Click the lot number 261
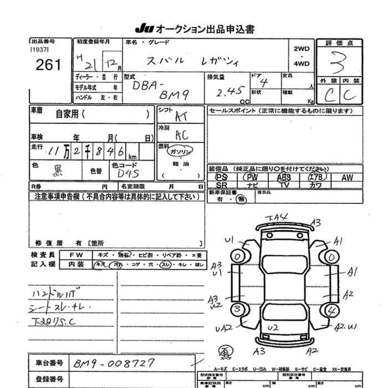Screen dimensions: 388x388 (x=48, y=64)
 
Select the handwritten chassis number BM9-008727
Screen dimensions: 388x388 (x=114, y=363)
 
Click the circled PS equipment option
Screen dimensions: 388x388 (x=221, y=177)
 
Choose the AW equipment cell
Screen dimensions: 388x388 (x=347, y=177)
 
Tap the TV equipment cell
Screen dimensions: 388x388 (x=284, y=185)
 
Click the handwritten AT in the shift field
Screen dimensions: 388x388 (x=181, y=116)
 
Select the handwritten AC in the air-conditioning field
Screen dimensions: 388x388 (x=181, y=135)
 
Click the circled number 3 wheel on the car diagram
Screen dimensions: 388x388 (x=238, y=309)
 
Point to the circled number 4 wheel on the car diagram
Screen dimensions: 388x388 (x=333, y=309)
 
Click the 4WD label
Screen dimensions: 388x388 (x=302, y=64)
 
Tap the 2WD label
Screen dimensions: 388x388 (x=302, y=48)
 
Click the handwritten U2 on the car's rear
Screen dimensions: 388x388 (x=272, y=328)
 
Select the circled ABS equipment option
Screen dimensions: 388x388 (x=284, y=177)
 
